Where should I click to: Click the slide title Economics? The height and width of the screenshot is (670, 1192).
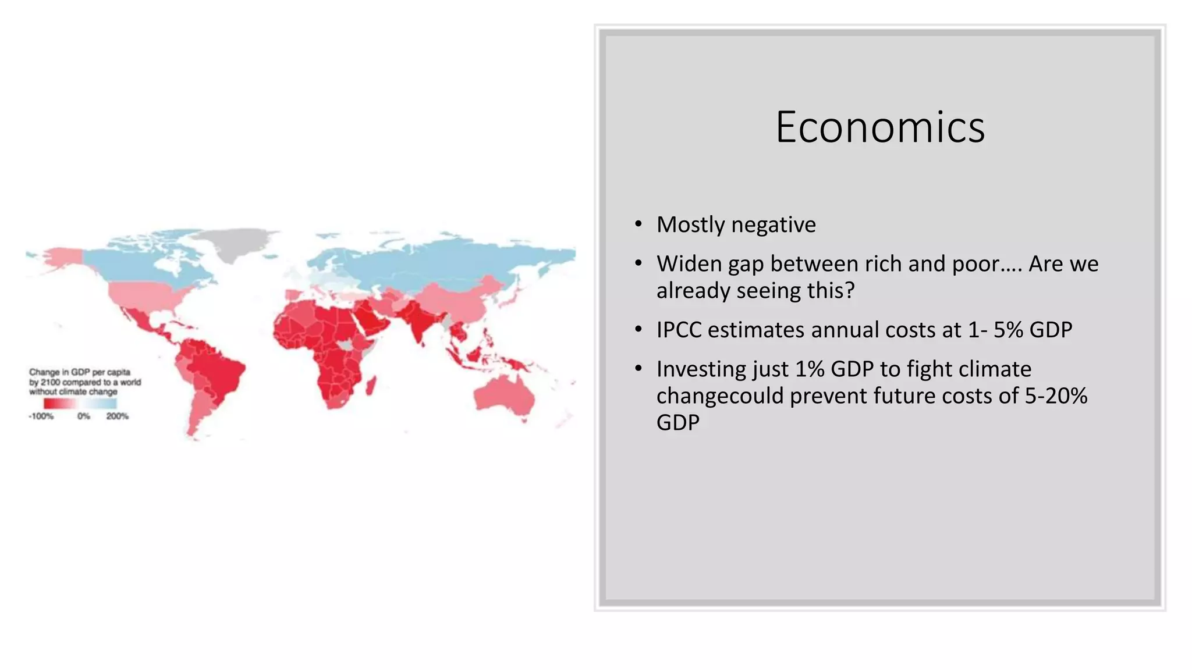tap(880, 127)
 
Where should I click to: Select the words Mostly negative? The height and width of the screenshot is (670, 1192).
tap(736, 224)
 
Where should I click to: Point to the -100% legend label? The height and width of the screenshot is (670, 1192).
tap(41, 416)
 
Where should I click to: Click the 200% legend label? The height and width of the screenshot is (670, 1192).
tap(117, 416)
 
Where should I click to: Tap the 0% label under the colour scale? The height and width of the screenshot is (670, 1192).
tap(84, 416)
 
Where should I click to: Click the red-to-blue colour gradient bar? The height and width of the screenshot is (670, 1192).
tap(80, 404)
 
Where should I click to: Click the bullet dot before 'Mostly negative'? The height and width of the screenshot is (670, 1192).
tap(638, 224)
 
